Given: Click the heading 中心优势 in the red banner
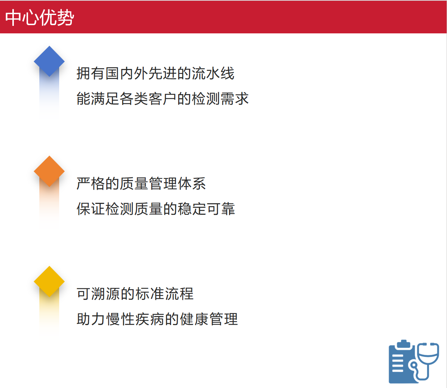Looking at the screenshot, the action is (40, 17).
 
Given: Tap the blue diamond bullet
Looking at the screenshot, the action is (49, 61).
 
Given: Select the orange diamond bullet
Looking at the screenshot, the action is (49, 171).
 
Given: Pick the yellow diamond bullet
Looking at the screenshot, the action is (49, 282).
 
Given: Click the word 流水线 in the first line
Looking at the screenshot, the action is (213, 73).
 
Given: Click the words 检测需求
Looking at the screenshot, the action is (220, 99).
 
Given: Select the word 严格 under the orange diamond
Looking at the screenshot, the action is (91, 183).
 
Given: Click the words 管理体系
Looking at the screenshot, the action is (177, 183).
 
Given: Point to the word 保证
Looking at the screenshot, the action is (91, 209).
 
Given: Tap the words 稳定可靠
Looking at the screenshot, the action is (206, 209).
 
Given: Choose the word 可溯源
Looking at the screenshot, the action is (98, 294).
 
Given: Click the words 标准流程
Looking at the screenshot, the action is (164, 294).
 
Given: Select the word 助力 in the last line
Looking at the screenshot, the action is (91, 319).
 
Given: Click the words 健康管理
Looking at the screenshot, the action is (209, 319).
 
